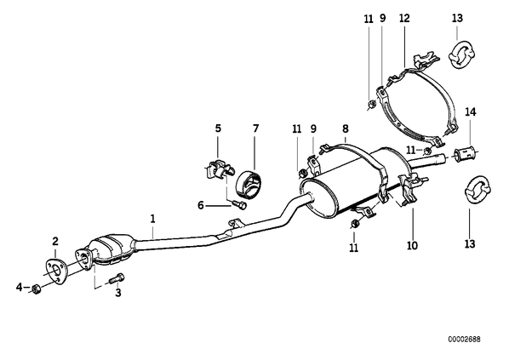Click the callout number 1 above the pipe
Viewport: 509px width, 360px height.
pos(152,219)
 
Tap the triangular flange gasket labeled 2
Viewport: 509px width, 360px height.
pos(56,271)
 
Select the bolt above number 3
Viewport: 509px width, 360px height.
pos(117,277)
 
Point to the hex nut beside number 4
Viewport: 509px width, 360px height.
pos(36,289)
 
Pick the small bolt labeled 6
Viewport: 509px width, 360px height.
pos(240,204)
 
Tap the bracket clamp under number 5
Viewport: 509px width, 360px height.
pos(219,169)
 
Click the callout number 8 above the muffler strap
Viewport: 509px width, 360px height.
pos(345,129)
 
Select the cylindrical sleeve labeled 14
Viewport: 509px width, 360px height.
pos(466,154)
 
